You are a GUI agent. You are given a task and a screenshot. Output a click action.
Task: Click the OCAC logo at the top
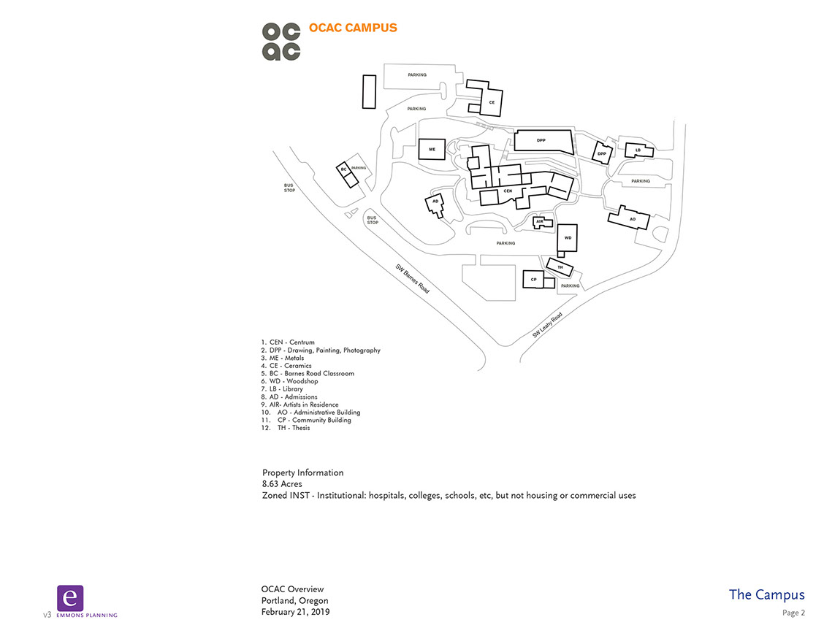pos(281,41)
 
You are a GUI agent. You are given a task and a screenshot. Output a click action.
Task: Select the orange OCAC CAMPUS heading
pos(353,28)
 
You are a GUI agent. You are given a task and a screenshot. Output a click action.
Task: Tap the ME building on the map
pos(432,149)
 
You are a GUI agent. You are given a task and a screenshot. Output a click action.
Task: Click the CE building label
pos(492,103)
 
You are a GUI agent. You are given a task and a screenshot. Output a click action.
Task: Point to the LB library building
pos(638,150)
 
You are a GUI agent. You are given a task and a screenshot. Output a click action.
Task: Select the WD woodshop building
pos(568,238)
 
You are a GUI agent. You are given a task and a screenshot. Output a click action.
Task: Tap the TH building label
pos(560,268)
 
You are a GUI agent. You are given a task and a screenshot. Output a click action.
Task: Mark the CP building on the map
pos(534,280)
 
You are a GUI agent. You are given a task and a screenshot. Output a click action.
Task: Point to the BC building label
pos(343,169)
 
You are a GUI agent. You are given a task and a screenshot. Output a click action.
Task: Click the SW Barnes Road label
pos(413,278)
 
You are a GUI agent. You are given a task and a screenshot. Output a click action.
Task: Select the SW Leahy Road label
pos(547,325)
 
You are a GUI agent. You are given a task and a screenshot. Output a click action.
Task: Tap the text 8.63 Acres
pos(282,484)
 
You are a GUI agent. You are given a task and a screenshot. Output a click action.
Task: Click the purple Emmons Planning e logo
pos(70,598)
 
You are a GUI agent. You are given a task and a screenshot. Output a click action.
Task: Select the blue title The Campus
pos(766,594)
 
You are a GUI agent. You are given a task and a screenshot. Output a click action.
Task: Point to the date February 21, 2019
pos(295,612)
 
